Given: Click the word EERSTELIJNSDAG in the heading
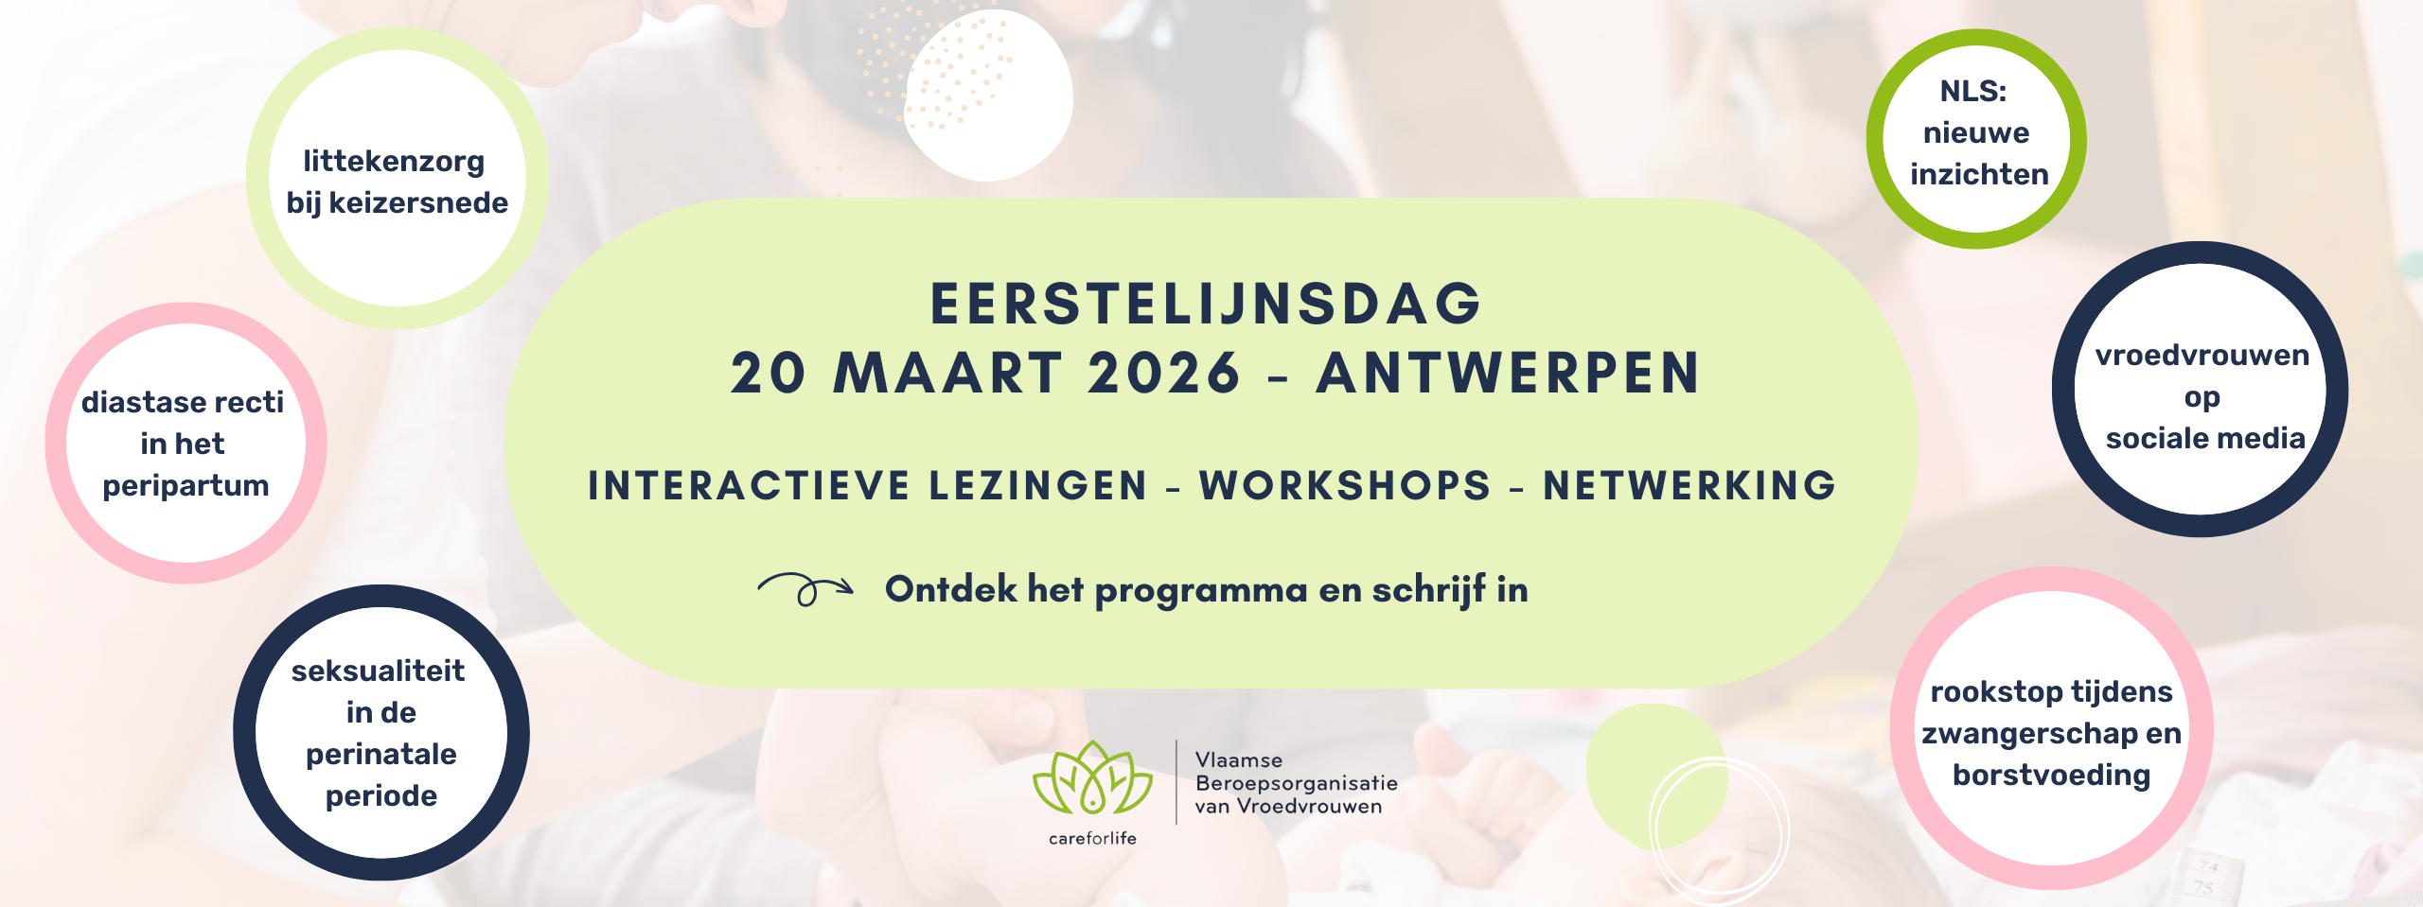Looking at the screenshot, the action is [x=1206, y=304].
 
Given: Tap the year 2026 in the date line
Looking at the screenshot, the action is [x=1164, y=373].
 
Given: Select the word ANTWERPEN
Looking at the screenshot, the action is [x=1509, y=373].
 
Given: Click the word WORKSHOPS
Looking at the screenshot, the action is [x=1345, y=486].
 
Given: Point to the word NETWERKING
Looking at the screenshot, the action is [x=1689, y=486].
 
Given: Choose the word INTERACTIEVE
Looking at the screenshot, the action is [x=748, y=486].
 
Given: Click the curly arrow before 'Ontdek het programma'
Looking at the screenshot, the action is [x=805, y=589].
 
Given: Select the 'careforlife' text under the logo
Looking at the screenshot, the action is [x=1092, y=838].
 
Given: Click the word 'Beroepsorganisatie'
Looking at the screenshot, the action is [x=1297, y=783].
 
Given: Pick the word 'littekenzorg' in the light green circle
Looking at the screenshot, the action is [x=394, y=163].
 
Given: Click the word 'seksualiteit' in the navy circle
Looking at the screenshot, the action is [x=378, y=671].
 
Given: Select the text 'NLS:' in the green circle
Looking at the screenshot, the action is [x=1972, y=91].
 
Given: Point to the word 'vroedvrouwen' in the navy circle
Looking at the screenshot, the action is [x=2202, y=356].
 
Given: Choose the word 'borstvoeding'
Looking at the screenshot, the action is [x=2052, y=776].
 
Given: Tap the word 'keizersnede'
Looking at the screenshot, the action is [x=418, y=202].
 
